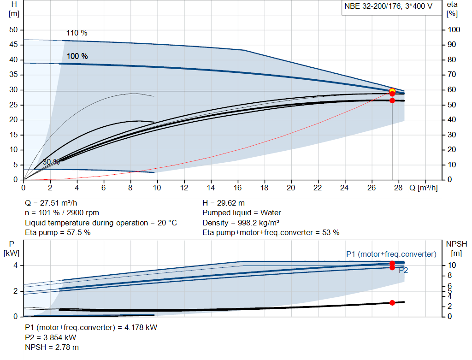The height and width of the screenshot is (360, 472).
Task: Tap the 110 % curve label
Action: [77, 33]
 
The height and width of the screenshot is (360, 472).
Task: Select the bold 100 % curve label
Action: [77, 56]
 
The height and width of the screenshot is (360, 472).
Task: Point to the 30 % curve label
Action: [51, 162]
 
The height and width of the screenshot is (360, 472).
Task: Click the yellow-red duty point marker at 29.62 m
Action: [392, 91]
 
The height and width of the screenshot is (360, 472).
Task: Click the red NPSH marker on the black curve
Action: [392, 303]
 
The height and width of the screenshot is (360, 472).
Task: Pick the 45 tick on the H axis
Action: [13, 45]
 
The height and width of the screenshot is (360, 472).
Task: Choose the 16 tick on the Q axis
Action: [238, 188]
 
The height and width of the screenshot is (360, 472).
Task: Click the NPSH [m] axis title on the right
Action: [455, 248]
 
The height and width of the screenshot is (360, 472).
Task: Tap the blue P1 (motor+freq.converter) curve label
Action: [391, 254]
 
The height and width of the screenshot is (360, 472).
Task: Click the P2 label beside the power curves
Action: [403, 270]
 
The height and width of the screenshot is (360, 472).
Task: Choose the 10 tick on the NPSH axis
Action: [452, 266]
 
